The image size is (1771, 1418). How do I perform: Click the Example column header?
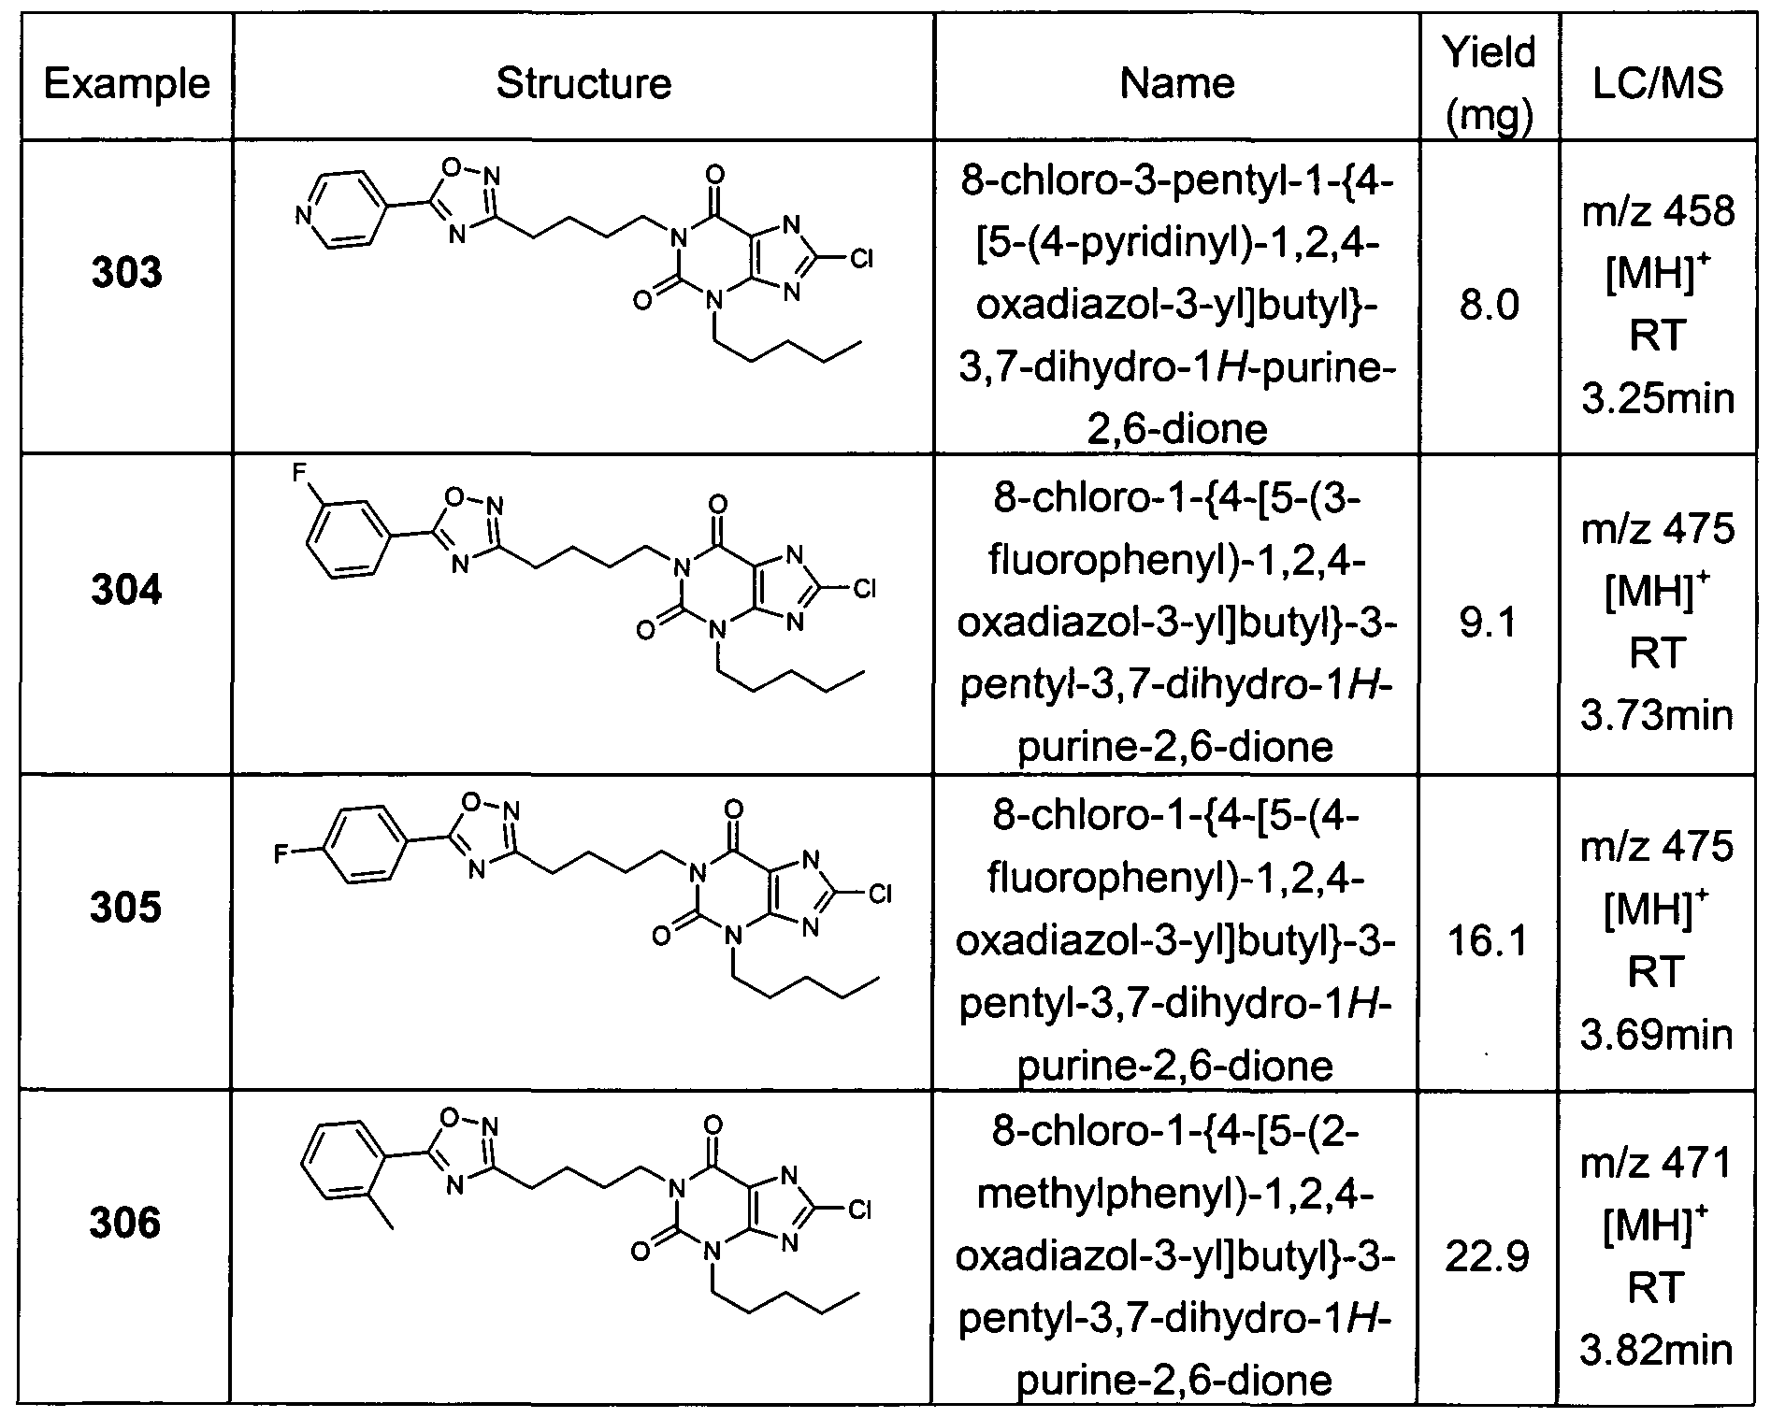pos(126,84)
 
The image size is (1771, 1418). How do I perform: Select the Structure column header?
pos(583,83)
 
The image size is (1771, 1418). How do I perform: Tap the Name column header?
pos(1177,83)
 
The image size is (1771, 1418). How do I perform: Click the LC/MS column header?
pos(1657,83)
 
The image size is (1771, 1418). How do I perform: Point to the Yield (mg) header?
pos(1490,82)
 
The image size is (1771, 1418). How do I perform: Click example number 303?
pos(126,273)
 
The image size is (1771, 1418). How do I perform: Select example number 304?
pos(126,591)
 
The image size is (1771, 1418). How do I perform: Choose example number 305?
pos(126,908)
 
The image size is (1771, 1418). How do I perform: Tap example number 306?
pos(126,1224)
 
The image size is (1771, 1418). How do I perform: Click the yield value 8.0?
pos(1490,306)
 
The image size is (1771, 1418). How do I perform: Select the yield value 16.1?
pos(1490,939)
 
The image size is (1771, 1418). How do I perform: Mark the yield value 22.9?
pos(1490,1256)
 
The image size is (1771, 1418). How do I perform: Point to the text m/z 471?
pos(1657,1163)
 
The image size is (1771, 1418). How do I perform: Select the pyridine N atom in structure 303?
pos(302,217)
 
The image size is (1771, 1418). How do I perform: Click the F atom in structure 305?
pos(281,852)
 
